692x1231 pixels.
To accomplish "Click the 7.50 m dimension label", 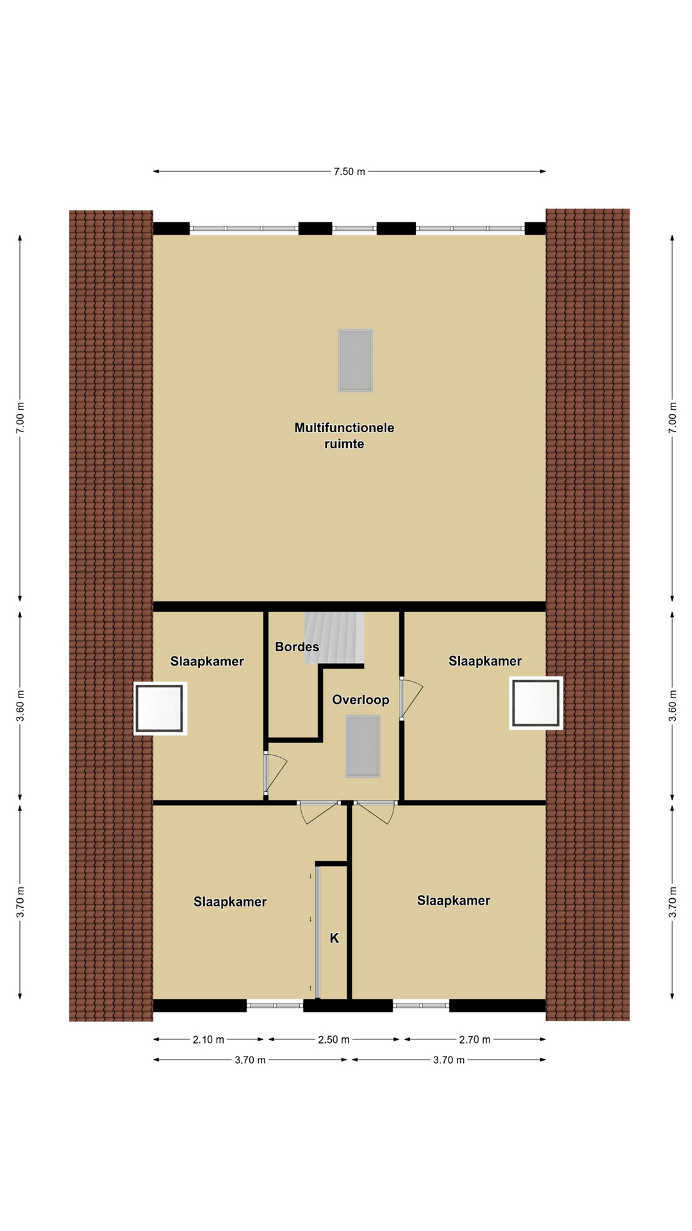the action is coord(349,172).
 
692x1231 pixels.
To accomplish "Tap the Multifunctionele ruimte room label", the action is coord(344,436).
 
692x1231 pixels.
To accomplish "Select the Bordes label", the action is coord(297,647).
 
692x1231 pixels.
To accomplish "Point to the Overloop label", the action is coord(361,699).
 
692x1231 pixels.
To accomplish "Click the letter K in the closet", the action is coord(334,939).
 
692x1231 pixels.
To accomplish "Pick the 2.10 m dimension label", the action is coord(208,1040).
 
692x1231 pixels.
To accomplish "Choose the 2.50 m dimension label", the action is coord(334,1040).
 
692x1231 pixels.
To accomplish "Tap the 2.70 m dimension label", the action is coord(475,1040).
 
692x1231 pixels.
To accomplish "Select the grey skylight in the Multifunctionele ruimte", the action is coord(356,360).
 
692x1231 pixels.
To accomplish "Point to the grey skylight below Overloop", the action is coord(363,746).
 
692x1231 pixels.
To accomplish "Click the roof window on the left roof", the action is coord(160,708).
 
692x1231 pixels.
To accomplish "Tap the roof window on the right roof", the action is coord(536,703).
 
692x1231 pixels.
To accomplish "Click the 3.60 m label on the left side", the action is coord(21,706).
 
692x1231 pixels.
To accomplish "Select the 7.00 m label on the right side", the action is coord(673,418).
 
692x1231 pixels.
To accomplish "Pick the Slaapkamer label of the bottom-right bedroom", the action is coord(454,901).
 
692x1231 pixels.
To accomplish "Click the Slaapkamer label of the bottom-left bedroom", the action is coord(230,902).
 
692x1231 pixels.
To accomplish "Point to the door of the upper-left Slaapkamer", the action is coord(275,775).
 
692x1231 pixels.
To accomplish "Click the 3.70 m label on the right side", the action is coord(673,902).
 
